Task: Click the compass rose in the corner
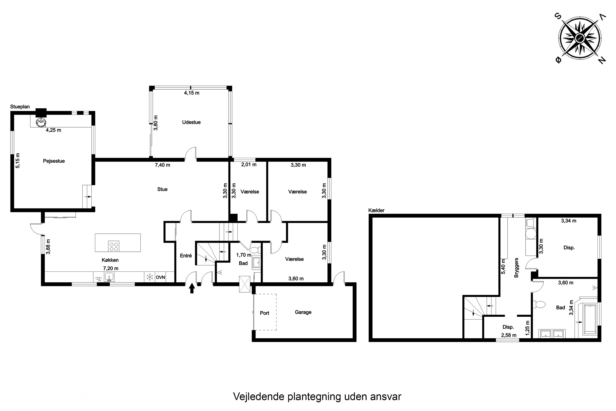point(581,41)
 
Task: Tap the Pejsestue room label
point(54,161)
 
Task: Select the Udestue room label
point(191,122)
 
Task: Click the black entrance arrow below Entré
point(192,288)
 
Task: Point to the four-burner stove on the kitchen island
point(114,246)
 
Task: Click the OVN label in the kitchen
point(160,277)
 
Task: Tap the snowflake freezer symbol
point(149,277)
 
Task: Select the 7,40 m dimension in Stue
point(162,165)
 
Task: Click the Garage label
point(303,312)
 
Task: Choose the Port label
point(264,313)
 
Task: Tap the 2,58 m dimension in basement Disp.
point(509,335)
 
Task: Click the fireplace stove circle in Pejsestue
point(41,122)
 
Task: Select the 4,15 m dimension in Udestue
point(191,93)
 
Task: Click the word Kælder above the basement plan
point(376,210)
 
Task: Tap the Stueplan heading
point(20,107)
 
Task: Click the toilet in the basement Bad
point(540,304)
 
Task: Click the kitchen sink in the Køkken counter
point(109,276)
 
